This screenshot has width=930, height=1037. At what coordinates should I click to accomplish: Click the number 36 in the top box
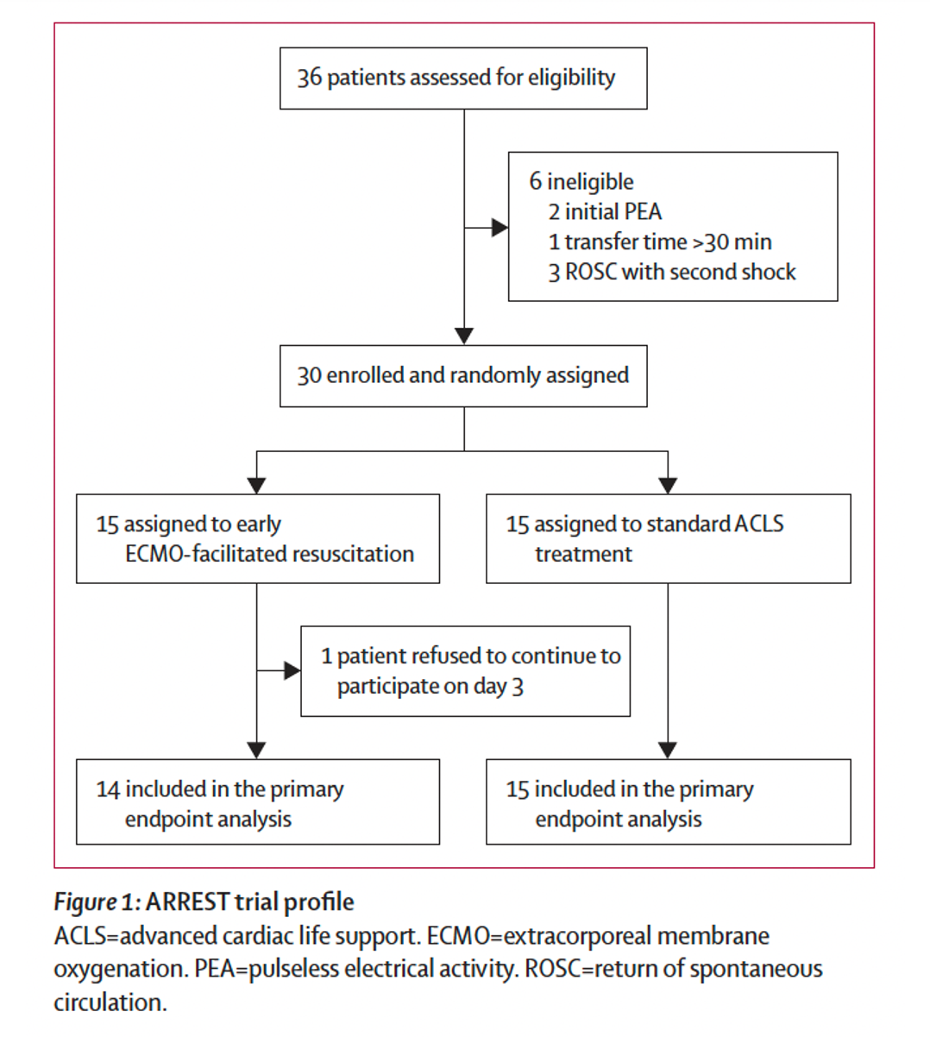309,78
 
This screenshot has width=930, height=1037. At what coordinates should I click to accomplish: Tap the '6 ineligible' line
581,182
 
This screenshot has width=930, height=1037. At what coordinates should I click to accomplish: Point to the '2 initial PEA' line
605,212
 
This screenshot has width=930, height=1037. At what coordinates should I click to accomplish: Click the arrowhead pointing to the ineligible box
500,228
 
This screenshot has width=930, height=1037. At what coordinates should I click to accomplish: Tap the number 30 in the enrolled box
309,376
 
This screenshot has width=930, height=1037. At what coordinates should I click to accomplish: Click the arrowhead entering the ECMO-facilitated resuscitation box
256,486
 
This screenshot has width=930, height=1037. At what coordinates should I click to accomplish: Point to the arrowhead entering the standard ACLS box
668,486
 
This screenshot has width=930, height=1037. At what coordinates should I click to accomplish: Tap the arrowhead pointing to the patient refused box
292,670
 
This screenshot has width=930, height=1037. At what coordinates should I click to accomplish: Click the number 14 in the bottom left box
108,789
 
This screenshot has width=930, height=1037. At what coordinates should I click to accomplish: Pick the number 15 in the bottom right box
518,789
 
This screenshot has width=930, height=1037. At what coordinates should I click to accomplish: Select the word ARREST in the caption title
188,902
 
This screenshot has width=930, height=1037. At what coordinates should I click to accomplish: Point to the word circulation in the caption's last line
110,1002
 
